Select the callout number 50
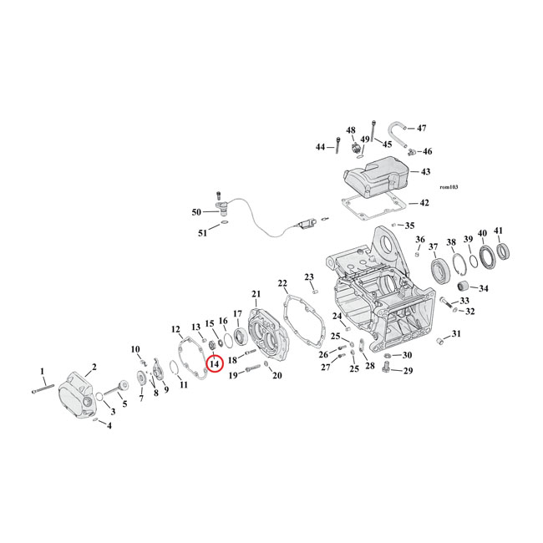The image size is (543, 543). [196, 212]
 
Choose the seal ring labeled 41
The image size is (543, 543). [505, 251]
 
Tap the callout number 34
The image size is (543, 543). [483, 289]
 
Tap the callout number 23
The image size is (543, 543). [308, 277]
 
